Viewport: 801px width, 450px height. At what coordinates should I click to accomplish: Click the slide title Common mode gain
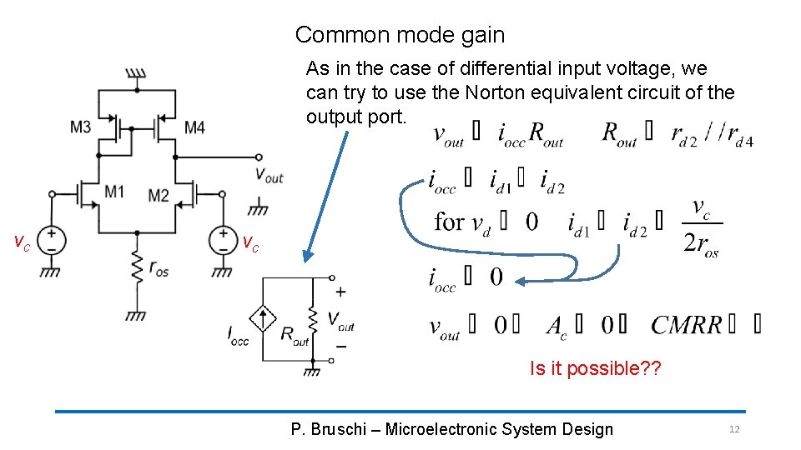pyautogui.click(x=400, y=35)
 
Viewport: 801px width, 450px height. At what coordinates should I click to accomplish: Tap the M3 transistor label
pyautogui.click(x=81, y=127)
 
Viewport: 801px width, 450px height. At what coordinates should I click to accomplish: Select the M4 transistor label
pyautogui.click(x=194, y=127)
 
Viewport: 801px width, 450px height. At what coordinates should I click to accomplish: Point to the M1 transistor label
pyautogui.click(x=114, y=192)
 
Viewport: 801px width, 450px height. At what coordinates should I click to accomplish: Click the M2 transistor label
pyautogui.click(x=159, y=195)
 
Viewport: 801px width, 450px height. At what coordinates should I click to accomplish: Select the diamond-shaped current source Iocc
pyautogui.click(x=263, y=319)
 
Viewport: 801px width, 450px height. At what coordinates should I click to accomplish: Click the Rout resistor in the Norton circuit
pyautogui.click(x=312, y=319)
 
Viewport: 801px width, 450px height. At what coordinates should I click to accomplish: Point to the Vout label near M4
pyautogui.click(x=270, y=176)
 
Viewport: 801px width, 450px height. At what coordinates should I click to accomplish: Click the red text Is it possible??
pyautogui.click(x=595, y=368)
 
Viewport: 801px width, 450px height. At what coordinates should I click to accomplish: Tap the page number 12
pyautogui.click(x=734, y=429)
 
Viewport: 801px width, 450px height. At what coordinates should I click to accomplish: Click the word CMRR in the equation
pyautogui.click(x=687, y=325)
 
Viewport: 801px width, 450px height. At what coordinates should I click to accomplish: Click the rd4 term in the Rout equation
pyautogui.click(x=737, y=135)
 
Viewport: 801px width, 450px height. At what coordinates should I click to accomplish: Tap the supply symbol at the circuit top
pyautogui.click(x=136, y=74)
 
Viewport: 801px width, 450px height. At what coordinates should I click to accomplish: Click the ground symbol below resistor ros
pyautogui.click(x=136, y=315)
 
